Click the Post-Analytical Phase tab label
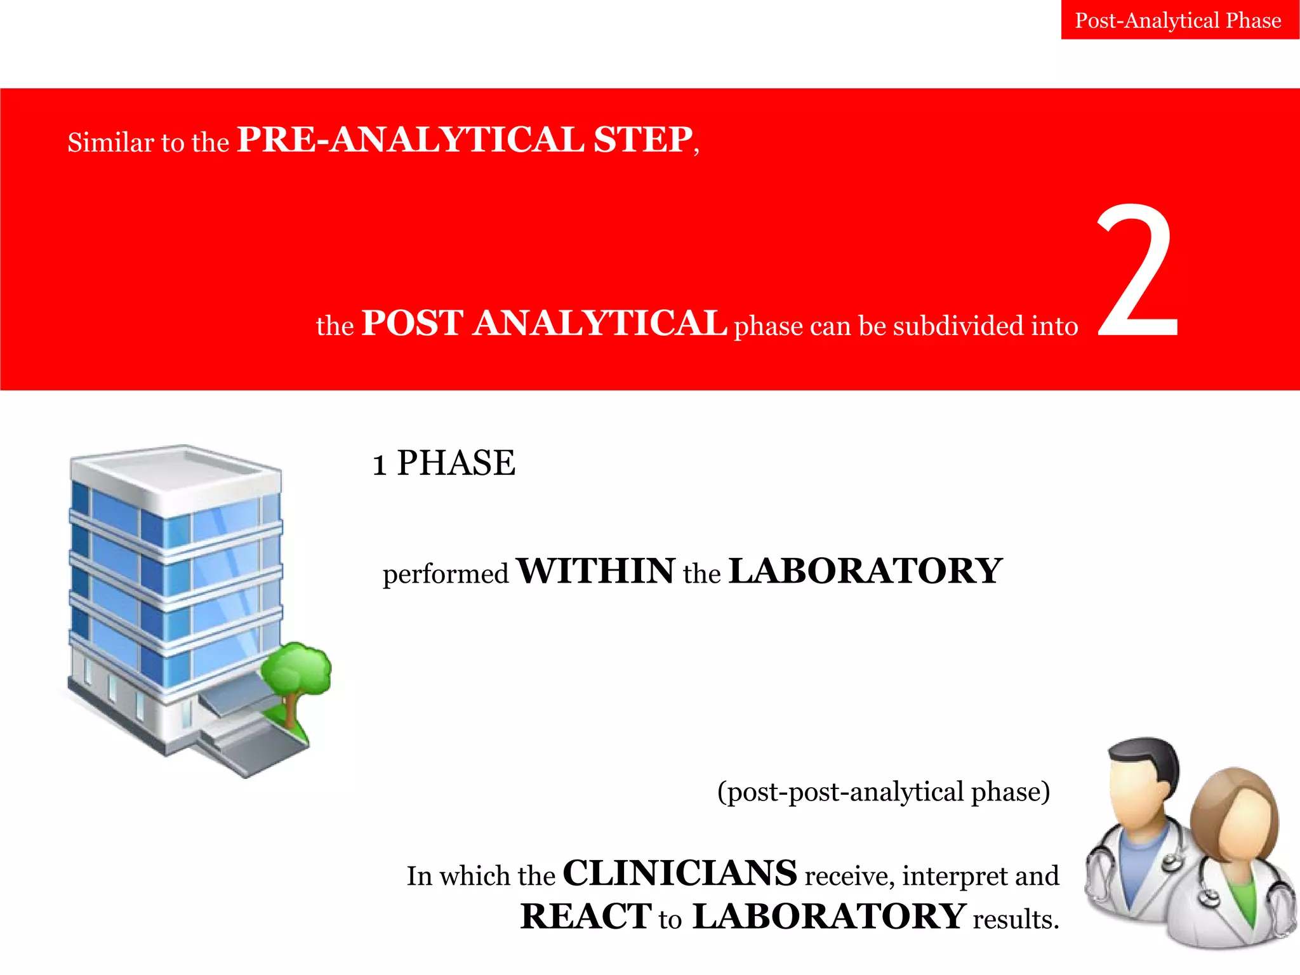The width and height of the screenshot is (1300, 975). (x=1178, y=20)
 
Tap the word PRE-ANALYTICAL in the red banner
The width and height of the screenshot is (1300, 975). (x=411, y=140)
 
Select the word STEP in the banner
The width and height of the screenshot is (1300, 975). (x=642, y=140)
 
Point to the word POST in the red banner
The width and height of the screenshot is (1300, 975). (x=413, y=323)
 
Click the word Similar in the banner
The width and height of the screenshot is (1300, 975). (x=111, y=142)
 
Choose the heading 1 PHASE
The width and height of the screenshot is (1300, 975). (x=444, y=463)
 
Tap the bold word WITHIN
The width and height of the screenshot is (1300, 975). (x=596, y=571)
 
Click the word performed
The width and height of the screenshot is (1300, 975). (x=446, y=574)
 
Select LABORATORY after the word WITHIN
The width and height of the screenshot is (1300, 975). (x=865, y=571)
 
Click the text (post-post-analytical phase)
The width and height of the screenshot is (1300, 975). (x=884, y=792)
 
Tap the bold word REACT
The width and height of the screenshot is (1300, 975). (x=585, y=917)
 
